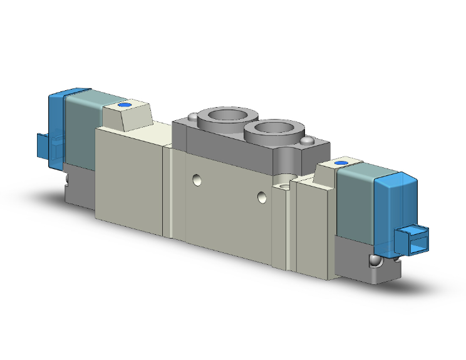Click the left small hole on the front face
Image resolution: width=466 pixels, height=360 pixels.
click(x=197, y=180)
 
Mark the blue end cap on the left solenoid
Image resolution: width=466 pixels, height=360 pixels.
click(x=56, y=119)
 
